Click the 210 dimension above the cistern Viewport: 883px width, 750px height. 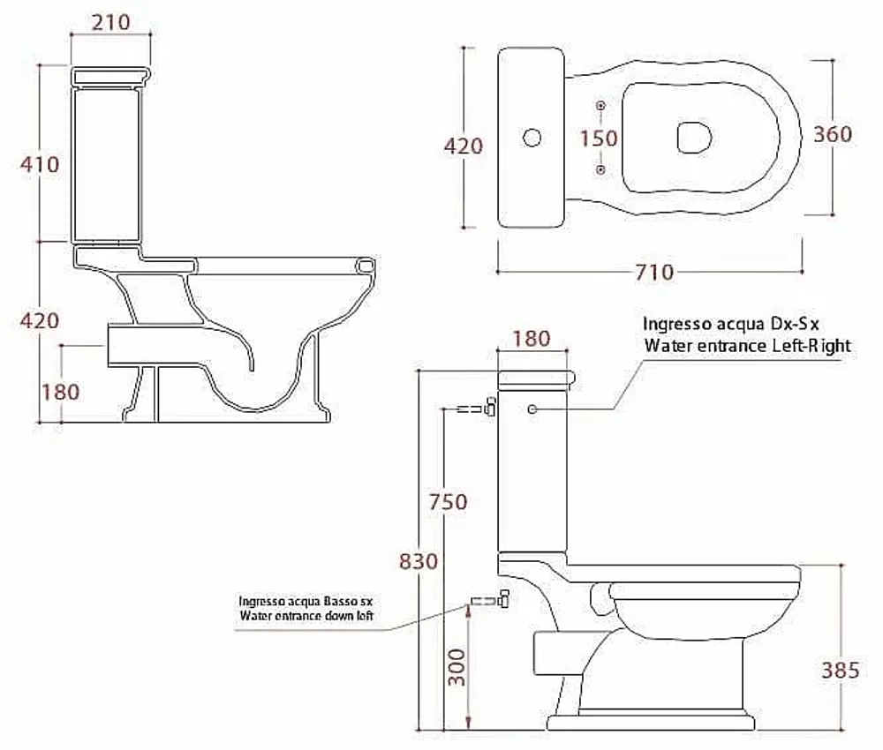coord(110,23)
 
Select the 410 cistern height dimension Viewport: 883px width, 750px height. coord(40,165)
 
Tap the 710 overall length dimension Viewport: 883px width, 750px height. coord(654,273)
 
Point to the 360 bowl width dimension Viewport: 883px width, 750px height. coord(833,134)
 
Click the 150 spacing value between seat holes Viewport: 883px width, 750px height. coord(600,139)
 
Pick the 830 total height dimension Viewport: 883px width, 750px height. coord(419,561)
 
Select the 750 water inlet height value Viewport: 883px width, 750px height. coord(449,502)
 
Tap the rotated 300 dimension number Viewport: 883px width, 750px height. coord(457,667)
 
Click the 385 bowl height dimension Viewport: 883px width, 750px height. coord(841,671)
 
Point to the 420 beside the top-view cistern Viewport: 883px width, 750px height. coord(464,146)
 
